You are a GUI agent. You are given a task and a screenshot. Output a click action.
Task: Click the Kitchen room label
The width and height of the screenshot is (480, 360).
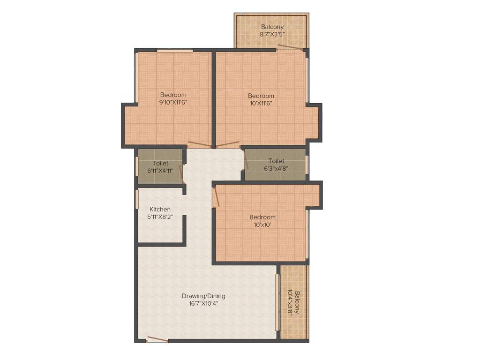pyautogui.click(x=160, y=209)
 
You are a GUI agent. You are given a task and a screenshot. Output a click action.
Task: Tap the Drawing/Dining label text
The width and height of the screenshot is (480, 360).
pyautogui.click(x=203, y=296)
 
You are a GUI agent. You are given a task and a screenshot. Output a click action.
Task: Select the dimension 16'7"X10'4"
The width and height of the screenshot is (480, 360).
pyautogui.click(x=203, y=303)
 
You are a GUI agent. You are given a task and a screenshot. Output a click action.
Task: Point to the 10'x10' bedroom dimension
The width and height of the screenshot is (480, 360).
pyautogui.click(x=262, y=225)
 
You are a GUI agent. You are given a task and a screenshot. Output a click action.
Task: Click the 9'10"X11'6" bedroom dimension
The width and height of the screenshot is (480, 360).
pyautogui.click(x=173, y=103)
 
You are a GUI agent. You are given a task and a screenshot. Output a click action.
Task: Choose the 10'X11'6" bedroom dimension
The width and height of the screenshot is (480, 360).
pyautogui.click(x=261, y=103)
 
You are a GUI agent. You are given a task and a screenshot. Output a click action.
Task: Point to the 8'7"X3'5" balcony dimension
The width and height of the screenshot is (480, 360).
pyautogui.click(x=272, y=34)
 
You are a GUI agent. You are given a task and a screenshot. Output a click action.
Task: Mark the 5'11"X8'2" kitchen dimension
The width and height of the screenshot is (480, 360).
pyautogui.click(x=160, y=217)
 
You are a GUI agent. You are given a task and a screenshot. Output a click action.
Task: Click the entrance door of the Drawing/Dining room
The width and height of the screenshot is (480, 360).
pyautogui.click(x=157, y=339)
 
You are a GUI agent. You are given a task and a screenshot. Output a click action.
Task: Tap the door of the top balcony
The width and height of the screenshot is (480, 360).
pyautogui.click(x=289, y=47)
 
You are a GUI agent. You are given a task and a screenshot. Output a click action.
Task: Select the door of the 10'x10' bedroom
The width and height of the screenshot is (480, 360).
pyautogui.click(x=216, y=196)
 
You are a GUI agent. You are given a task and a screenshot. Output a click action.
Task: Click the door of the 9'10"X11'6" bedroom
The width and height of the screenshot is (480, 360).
pyautogui.click(x=199, y=144)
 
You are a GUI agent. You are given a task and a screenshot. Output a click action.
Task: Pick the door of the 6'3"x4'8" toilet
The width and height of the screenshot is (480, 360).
pyautogui.click(x=246, y=159)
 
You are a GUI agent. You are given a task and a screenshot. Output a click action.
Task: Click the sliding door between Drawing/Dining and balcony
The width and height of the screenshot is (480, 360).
pyautogui.click(x=277, y=302)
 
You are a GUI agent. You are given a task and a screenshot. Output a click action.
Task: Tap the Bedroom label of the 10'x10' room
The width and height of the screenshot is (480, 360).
pyautogui.click(x=262, y=217)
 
